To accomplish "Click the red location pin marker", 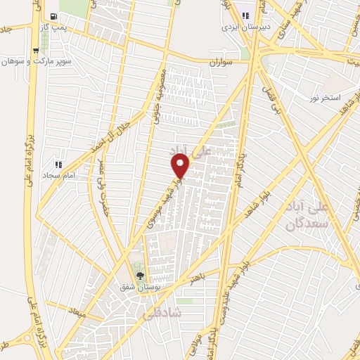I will tap(181, 165).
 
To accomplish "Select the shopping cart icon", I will tap(36, 51).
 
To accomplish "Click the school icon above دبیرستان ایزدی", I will tap(246, 15).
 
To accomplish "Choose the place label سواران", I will tap(220, 63).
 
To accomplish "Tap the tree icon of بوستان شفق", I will tap(138, 276).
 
